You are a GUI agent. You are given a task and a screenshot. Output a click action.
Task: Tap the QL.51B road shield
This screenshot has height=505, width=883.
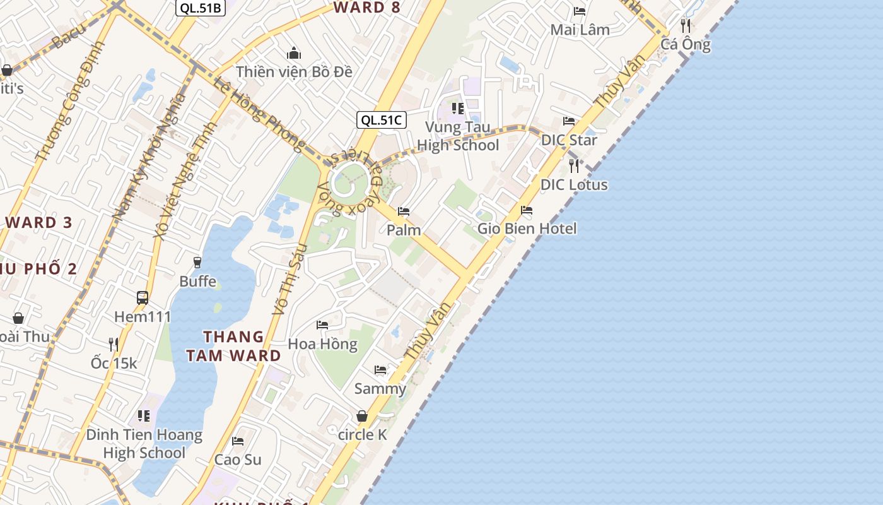[200, 8]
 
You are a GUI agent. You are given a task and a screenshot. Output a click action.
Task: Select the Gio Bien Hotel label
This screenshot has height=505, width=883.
[527, 228]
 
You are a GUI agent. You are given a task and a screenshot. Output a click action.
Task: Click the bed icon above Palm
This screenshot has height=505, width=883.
[404, 211]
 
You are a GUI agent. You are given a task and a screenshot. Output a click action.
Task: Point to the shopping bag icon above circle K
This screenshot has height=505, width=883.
[362, 416]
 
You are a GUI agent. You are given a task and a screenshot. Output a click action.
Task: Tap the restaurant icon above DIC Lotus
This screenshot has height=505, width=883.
[574, 166]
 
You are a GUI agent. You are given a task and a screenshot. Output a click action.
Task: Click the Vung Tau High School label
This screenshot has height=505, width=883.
[458, 136]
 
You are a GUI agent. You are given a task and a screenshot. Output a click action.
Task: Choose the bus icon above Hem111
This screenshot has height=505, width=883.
[143, 297]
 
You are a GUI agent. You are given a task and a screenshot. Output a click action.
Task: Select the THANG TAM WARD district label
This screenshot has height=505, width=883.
[233, 346]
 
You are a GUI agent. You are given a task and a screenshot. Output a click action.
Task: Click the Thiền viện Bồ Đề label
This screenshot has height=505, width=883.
[294, 71]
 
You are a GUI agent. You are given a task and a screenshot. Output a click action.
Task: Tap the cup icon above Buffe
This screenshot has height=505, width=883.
[197, 262]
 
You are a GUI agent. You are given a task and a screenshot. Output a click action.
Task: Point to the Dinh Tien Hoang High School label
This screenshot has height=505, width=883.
[144, 444]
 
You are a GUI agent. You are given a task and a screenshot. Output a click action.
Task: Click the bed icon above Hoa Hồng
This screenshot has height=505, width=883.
[322, 325]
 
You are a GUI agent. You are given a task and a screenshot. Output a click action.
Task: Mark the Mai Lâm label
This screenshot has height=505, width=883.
[580, 30]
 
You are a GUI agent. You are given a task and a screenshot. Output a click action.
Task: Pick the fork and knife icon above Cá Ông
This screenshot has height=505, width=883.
[686, 26]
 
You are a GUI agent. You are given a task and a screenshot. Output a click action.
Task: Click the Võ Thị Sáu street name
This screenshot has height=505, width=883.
[289, 279]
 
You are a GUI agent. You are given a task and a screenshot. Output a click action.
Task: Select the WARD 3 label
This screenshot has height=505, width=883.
[39, 222]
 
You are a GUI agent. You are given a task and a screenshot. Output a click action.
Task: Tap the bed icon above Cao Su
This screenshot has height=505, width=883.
[238, 441]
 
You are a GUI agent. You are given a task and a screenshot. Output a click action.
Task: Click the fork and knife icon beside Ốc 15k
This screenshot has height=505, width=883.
[114, 344]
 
